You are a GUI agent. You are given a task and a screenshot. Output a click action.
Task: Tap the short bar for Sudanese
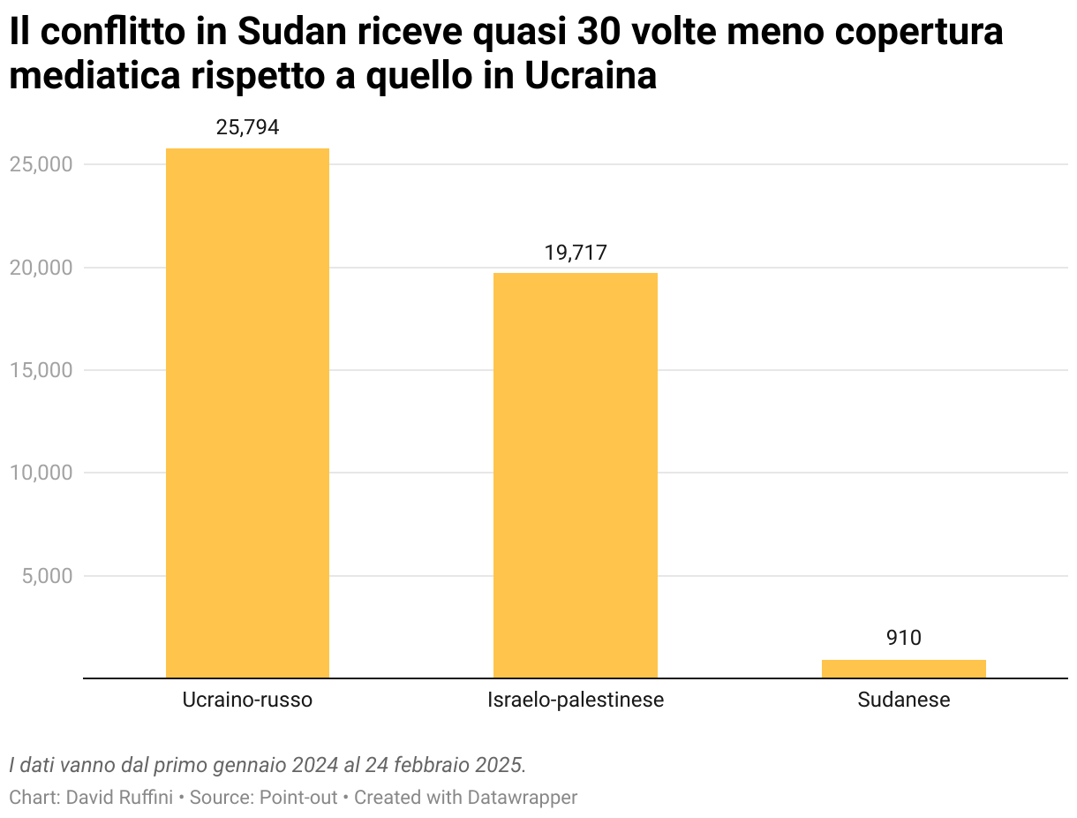coord(903,669)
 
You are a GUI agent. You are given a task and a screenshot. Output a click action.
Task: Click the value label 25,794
coord(247,127)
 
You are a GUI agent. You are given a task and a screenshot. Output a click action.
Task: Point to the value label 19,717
coord(576,253)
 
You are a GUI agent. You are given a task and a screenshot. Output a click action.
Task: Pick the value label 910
coord(903,638)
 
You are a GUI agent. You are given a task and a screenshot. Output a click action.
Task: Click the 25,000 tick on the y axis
coord(41,165)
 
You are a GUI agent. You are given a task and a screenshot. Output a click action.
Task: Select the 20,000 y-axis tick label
coord(41,268)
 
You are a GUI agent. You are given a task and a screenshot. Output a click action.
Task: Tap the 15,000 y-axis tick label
coord(41,370)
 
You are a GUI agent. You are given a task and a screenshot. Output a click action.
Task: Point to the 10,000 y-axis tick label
coord(41,473)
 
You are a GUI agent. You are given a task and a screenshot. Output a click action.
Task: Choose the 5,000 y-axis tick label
coord(46,576)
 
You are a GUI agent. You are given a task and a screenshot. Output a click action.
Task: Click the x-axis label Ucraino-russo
coord(247,701)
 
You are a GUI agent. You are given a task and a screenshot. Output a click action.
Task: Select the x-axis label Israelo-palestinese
coord(576,701)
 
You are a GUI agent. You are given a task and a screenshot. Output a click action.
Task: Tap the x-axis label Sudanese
coord(903,701)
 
